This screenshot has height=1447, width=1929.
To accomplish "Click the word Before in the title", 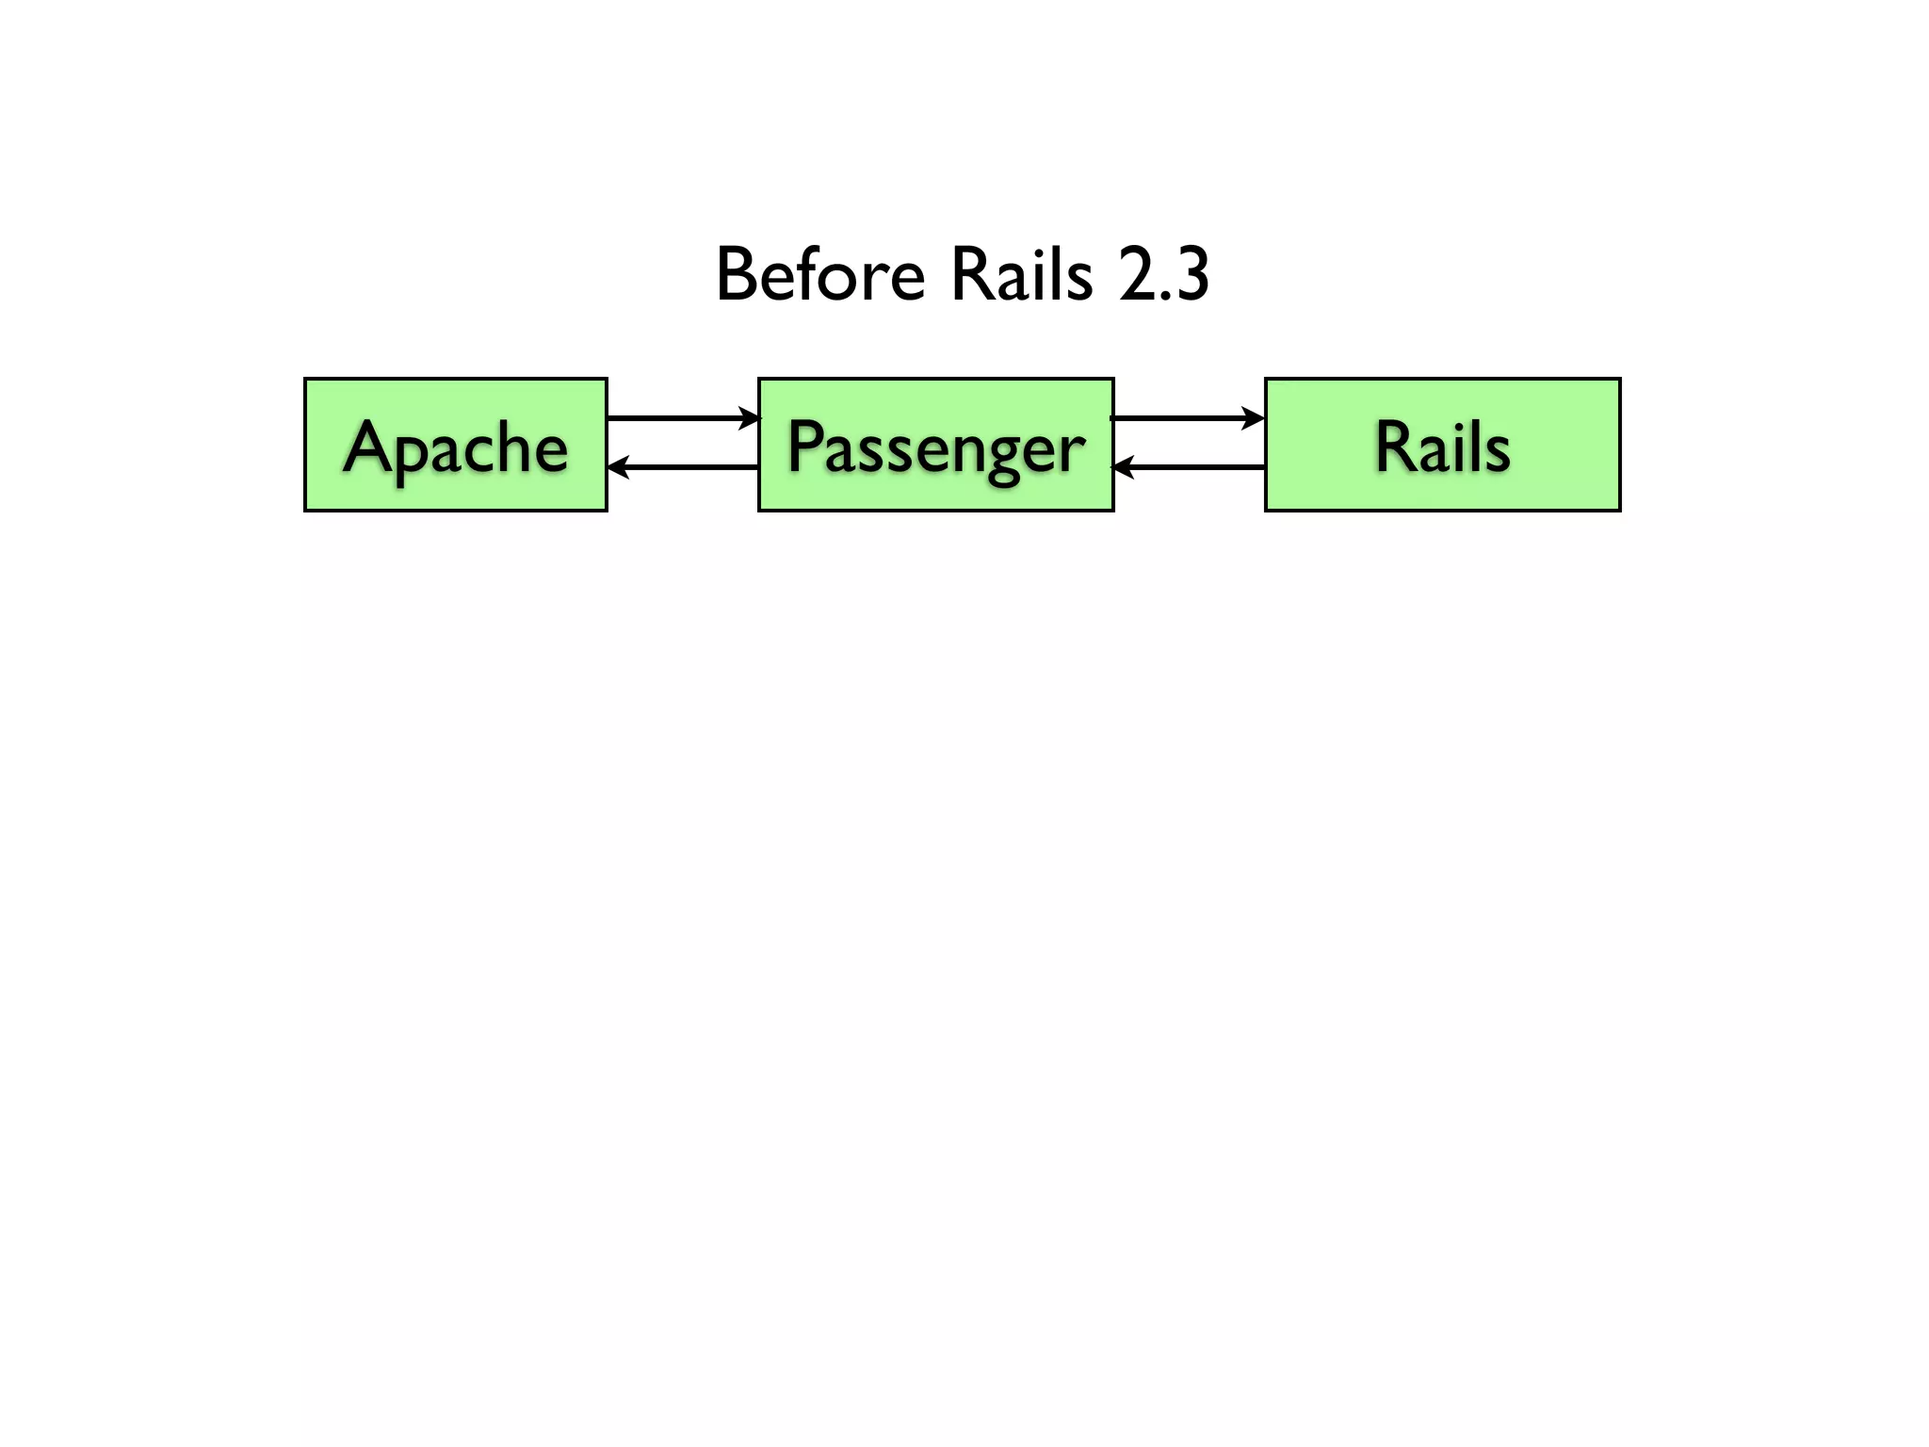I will coord(820,275).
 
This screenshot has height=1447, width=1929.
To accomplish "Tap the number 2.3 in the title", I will coord(1164,275).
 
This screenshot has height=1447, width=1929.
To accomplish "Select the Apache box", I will coord(456,490).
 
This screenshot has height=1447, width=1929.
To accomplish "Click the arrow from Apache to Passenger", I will coord(682,417).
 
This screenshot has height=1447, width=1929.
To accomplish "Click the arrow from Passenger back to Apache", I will coord(684,466).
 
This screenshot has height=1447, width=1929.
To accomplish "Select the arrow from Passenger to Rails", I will coord(1187,417).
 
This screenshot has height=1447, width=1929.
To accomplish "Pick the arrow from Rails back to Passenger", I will coord(1189,466).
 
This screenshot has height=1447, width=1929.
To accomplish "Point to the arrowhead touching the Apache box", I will coord(618,466).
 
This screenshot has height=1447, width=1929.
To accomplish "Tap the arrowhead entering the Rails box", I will coord(1254,417).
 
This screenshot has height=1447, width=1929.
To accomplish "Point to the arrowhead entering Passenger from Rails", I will coord(1123,466).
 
